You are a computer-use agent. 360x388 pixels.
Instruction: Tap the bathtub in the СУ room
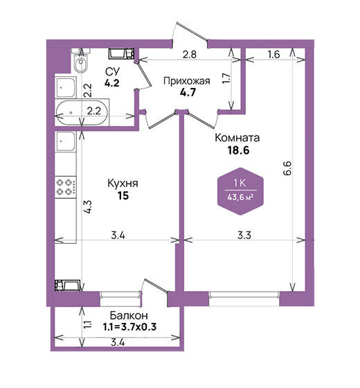[x=82, y=113]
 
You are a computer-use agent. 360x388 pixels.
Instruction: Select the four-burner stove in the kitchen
[x=65, y=187]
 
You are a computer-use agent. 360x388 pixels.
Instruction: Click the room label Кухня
[x=123, y=184]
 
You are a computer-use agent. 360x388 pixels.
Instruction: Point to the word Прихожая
[x=187, y=81]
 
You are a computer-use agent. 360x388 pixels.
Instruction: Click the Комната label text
[x=237, y=138]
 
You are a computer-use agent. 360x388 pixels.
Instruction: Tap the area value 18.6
[x=238, y=150]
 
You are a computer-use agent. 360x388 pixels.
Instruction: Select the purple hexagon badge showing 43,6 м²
[x=240, y=191]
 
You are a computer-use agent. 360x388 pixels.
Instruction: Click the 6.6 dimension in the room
[x=287, y=168]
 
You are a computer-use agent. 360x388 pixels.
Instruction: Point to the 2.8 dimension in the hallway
[x=190, y=54]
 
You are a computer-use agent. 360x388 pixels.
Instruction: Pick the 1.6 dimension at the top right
[x=273, y=54]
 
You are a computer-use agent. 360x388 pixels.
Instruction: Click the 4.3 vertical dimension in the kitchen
[x=88, y=207]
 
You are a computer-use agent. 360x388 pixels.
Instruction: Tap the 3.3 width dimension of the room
[x=244, y=235]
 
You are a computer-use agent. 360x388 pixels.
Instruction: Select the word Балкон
[x=129, y=315]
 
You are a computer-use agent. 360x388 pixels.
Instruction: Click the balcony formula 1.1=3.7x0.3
[x=129, y=327]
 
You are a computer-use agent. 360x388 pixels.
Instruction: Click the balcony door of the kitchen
[x=154, y=287]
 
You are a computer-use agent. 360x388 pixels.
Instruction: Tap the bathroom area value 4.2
[x=111, y=83]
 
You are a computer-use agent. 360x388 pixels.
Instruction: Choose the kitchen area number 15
[x=123, y=195]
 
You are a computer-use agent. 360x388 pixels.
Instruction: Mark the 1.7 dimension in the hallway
[x=226, y=78]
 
